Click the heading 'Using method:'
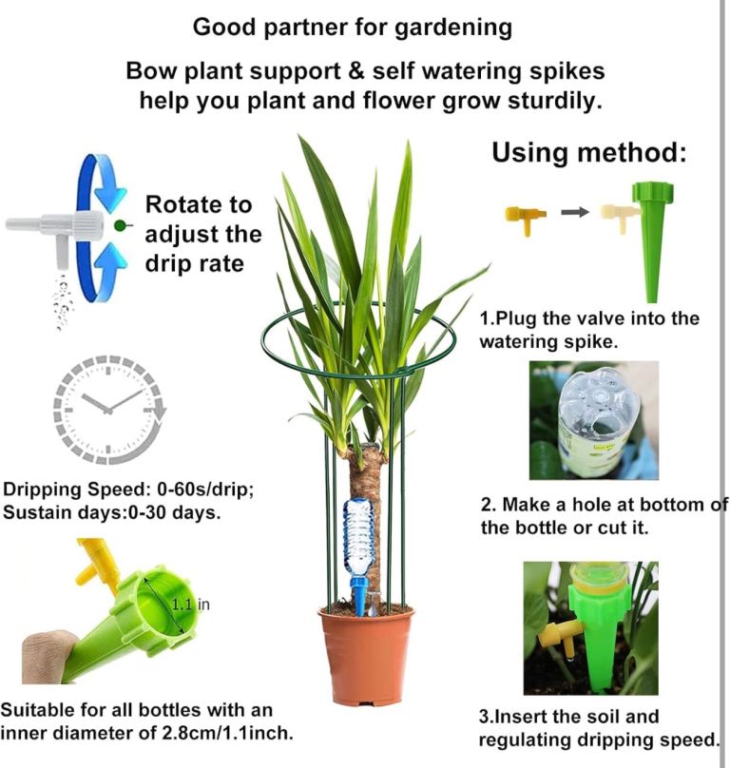click(589, 152)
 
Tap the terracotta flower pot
click(366, 656)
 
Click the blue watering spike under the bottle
click(359, 595)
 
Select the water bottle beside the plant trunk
click(358, 538)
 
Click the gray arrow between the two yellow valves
click(575, 212)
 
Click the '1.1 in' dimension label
click(191, 605)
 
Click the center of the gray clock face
click(108, 410)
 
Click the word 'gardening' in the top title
click(453, 28)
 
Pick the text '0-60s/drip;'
click(205, 489)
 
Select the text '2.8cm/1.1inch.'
click(227, 733)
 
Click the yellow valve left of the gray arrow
click(526, 219)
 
